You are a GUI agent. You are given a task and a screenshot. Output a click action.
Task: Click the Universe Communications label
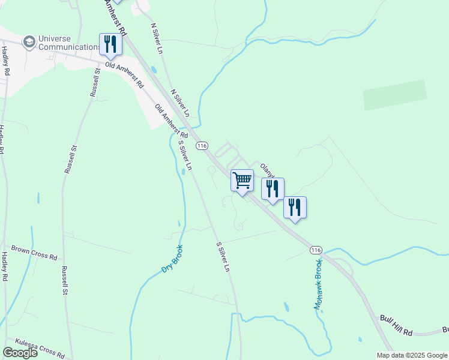(69, 43)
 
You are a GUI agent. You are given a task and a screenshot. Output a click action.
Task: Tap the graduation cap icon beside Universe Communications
(28, 42)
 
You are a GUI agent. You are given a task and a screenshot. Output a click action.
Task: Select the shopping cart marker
(243, 181)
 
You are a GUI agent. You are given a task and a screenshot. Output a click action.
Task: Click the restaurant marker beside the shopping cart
(273, 189)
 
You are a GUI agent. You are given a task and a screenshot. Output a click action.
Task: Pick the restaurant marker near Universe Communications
(110, 44)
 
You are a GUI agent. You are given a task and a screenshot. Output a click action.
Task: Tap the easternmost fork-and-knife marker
(295, 208)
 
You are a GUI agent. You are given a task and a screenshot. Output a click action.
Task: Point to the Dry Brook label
(172, 259)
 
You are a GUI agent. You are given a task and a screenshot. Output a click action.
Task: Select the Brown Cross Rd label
(34, 252)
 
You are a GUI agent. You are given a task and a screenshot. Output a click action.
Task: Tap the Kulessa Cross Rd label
(40, 347)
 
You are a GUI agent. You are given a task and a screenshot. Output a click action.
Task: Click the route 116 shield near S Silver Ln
(202, 146)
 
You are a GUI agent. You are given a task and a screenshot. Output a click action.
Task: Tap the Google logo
(20, 353)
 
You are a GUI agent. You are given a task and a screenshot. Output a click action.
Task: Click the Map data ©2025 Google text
(411, 355)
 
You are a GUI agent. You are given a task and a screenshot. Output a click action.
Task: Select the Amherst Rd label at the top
(115, 16)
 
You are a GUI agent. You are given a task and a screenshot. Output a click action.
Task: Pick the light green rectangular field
(395, 95)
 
